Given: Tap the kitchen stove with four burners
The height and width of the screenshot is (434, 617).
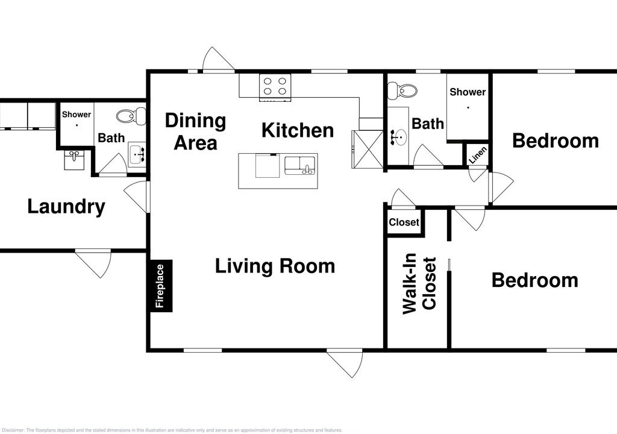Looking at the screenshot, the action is click(x=275, y=87).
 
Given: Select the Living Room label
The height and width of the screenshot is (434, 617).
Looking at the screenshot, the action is click(x=275, y=266).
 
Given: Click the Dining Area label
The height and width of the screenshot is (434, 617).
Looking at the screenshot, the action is click(x=196, y=131).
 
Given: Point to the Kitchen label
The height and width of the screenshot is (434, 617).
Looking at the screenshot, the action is click(x=298, y=130).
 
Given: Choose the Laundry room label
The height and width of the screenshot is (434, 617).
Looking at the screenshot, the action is click(x=66, y=207).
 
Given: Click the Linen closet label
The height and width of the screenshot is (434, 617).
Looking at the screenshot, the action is click(x=478, y=155).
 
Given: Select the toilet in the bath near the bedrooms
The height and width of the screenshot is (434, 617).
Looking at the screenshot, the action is click(x=402, y=90).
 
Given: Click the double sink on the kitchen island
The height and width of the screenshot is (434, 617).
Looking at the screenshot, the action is click(x=299, y=165).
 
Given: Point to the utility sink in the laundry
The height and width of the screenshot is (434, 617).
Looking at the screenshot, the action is click(x=74, y=160).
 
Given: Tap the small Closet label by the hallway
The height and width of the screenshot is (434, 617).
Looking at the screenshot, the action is click(x=404, y=222).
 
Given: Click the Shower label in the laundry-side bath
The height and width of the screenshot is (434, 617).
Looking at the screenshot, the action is click(x=77, y=114).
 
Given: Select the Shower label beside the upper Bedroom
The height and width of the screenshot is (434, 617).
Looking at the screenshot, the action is click(x=468, y=92).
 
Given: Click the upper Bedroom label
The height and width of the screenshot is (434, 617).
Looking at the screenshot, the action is click(x=555, y=140).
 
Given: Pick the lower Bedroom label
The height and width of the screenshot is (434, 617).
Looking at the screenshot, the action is click(x=535, y=280).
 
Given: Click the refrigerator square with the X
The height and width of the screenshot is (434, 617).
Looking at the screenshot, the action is click(x=367, y=149).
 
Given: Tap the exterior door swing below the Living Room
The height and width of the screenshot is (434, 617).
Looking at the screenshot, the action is click(x=345, y=363).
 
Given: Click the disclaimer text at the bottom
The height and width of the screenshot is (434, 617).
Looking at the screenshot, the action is click(x=172, y=430).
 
